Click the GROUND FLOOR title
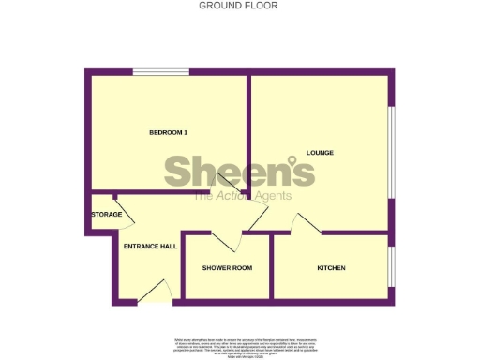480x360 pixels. click(x=238, y=6)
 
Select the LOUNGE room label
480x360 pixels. click(x=320, y=152)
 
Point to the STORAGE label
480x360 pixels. click(x=106, y=215)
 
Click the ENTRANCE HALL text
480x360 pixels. click(x=150, y=246)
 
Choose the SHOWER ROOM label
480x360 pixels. click(x=228, y=268)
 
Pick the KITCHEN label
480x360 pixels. click(x=331, y=268)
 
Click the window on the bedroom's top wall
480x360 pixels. click(x=160, y=72)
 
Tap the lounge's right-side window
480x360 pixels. click(x=391, y=152)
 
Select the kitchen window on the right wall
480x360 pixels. click(x=391, y=267)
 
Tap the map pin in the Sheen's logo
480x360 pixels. click(x=305, y=170)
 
